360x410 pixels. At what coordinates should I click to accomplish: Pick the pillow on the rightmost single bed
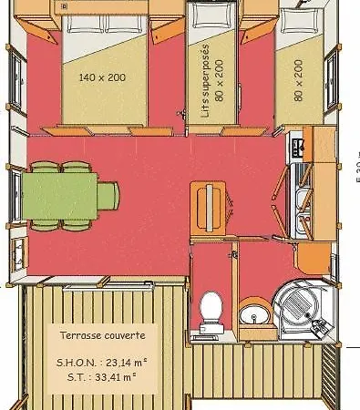294,23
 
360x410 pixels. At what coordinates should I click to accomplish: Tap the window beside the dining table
15,194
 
